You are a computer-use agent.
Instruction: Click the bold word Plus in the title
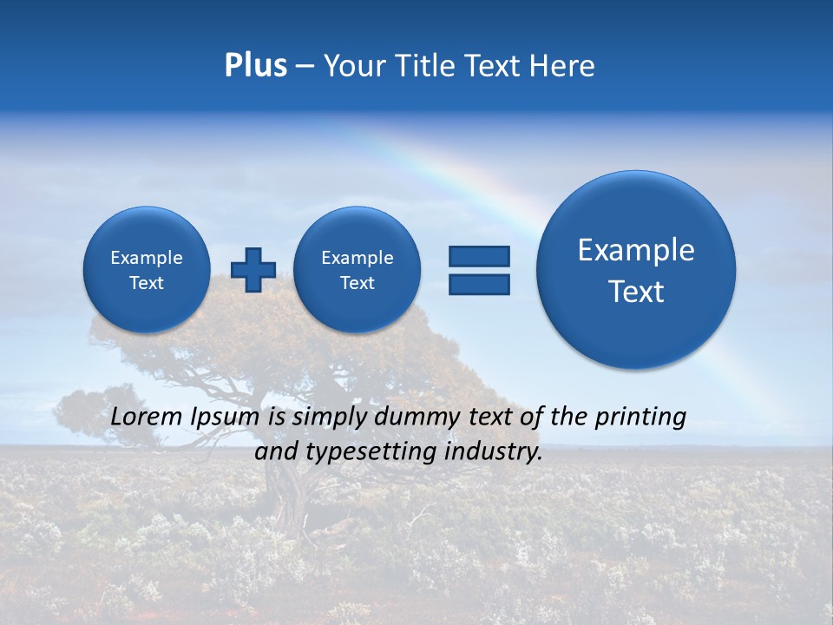click(255, 66)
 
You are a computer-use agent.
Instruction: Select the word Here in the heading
click(561, 66)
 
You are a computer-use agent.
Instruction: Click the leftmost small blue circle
click(146, 269)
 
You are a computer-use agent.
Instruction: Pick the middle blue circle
click(357, 269)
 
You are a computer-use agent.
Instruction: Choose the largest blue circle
click(636, 269)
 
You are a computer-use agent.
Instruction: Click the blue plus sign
click(253, 269)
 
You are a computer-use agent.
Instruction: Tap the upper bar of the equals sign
click(479, 256)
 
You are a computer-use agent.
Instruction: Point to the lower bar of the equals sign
click(479, 284)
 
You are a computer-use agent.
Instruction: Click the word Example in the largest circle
click(636, 250)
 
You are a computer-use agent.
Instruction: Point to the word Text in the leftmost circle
click(146, 283)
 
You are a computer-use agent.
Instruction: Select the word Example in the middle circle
click(357, 258)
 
